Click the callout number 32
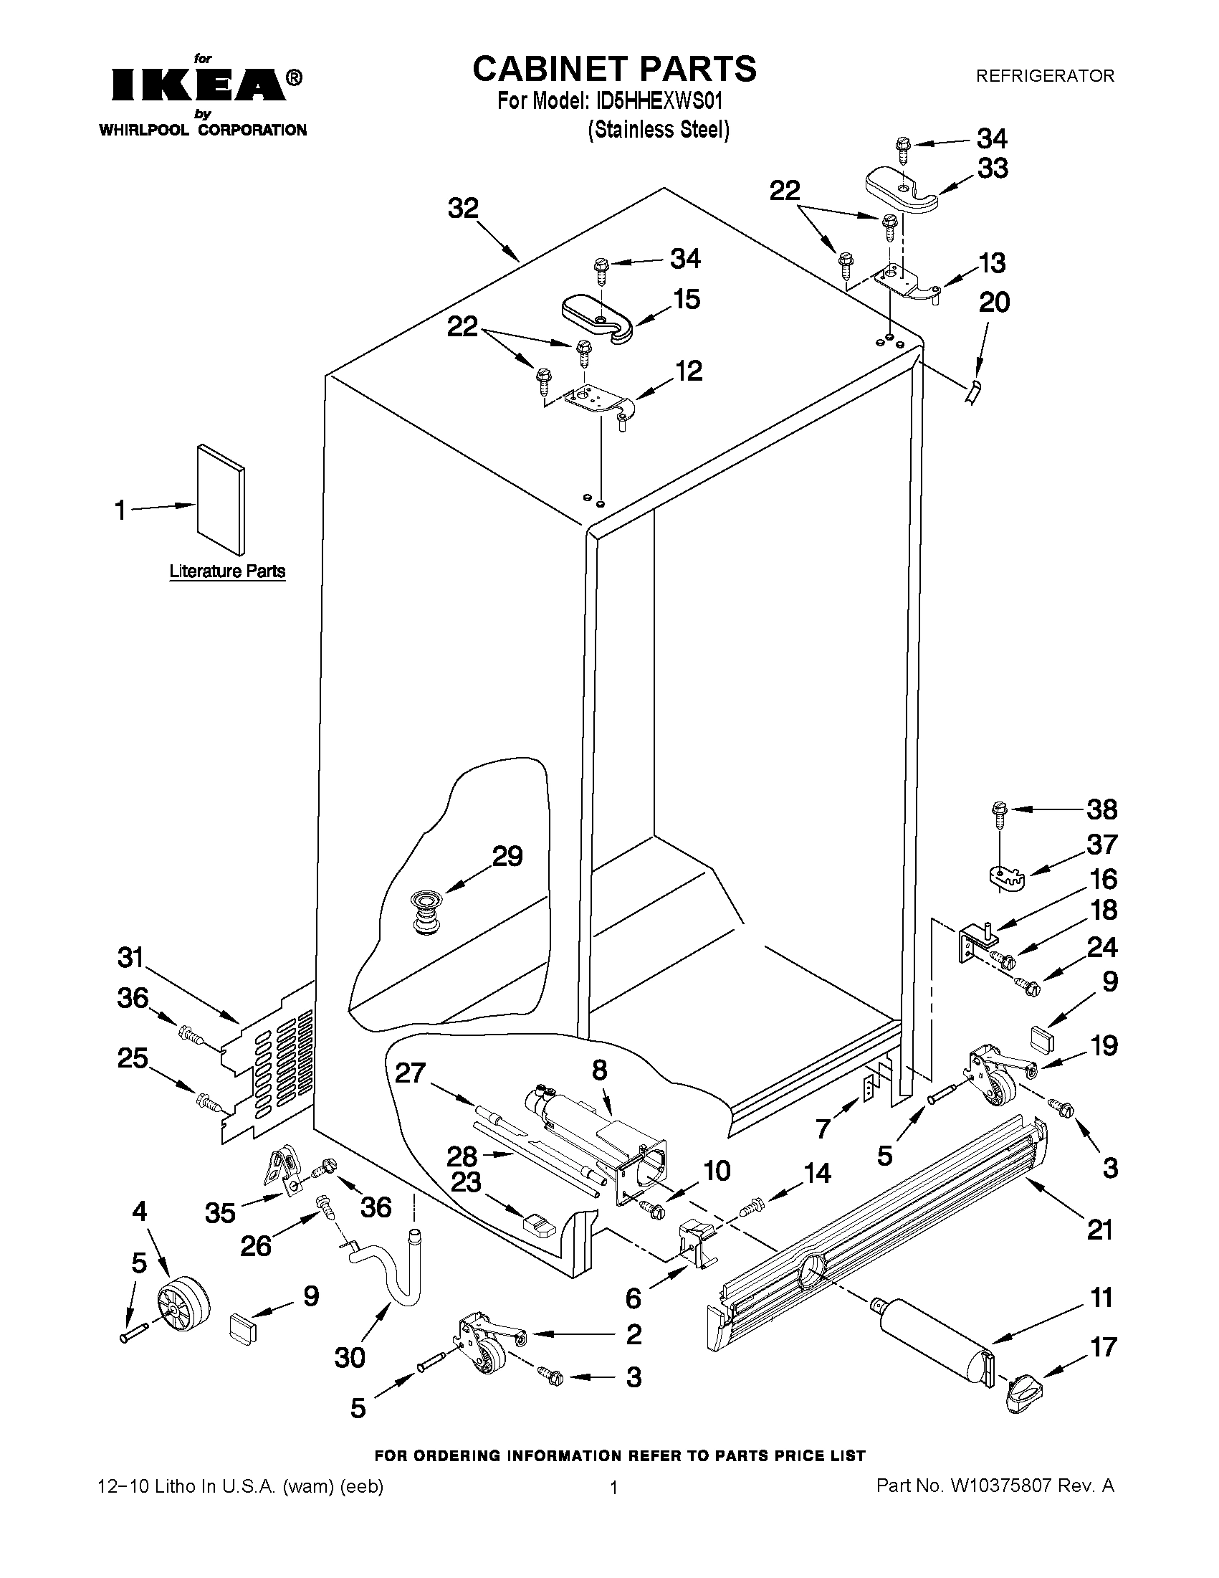pyautogui.click(x=463, y=209)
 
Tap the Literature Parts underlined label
pyautogui.click(x=227, y=571)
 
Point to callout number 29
pyautogui.click(x=507, y=856)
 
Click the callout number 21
pyautogui.click(x=1100, y=1229)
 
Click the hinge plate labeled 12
pyautogui.click(x=599, y=401)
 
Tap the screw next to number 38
pyautogui.click(x=1000, y=811)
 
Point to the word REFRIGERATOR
pyautogui.click(x=1045, y=75)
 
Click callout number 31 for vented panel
pyautogui.click(x=131, y=958)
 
